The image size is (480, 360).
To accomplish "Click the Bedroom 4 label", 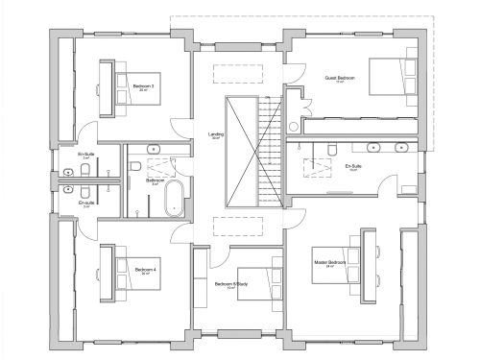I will coord(144,270).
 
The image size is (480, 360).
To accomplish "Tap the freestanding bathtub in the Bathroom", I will coord(174,202).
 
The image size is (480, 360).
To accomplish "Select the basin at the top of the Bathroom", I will coord(154,149).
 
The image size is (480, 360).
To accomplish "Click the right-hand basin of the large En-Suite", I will coord(400,148).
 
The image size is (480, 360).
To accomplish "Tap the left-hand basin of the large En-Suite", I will coord(372,148).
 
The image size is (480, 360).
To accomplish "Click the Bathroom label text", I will coord(154,180).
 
